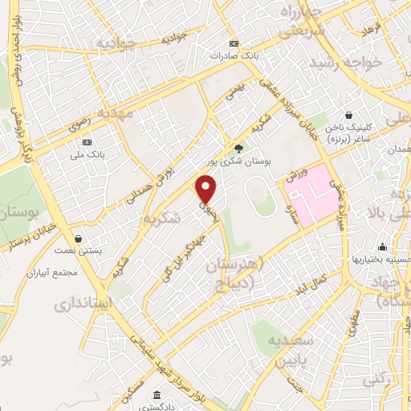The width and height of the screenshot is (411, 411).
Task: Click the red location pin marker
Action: pos(207,189)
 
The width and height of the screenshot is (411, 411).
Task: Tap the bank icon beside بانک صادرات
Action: pos(234,43)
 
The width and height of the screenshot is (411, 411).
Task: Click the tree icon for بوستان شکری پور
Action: pos(238,147)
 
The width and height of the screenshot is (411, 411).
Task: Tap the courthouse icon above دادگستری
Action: pos(157,397)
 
